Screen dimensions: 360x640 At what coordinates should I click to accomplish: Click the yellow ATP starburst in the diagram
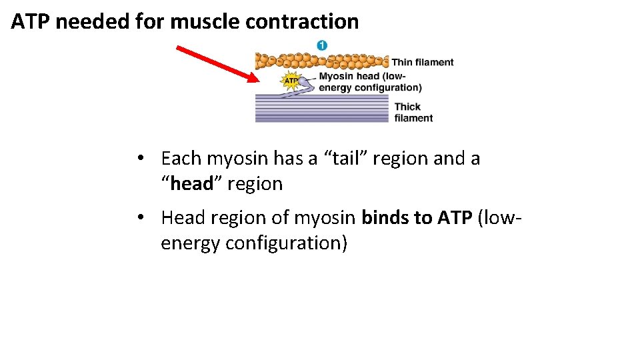(291, 81)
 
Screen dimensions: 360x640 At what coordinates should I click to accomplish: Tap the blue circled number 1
(322, 45)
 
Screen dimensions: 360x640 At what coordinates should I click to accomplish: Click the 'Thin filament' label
(422, 63)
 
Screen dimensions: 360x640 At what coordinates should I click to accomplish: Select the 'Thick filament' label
(413, 112)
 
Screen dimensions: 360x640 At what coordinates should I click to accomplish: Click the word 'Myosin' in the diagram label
(337, 76)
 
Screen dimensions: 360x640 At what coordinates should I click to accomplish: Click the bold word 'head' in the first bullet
(191, 184)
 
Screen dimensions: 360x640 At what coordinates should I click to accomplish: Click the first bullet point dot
(140, 159)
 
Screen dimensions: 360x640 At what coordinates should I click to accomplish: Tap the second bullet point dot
(140, 219)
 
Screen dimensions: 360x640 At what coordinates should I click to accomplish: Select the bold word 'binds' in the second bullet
(386, 218)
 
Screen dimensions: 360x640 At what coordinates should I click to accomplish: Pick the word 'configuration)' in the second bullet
(287, 243)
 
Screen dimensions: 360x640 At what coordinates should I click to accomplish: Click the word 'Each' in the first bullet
(181, 159)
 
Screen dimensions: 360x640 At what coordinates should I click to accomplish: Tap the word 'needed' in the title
(93, 21)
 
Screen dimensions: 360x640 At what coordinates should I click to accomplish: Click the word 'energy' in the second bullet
(191, 243)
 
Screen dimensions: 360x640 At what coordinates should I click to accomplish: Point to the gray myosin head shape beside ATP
(305, 83)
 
